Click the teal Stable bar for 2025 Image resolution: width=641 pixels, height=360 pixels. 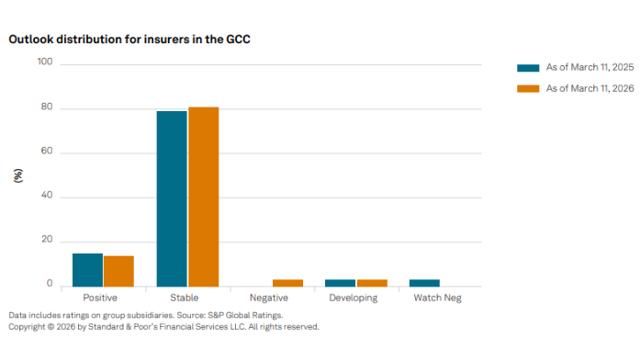tap(172, 198)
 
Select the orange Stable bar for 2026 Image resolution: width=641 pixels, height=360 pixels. tap(203, 197)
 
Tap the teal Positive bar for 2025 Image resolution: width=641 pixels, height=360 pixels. tap(87, 269)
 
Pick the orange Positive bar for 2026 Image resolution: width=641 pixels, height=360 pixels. tap(118, 271)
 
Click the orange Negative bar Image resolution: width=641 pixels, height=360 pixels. tap(287, 283)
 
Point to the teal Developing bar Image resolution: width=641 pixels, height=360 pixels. tap(340, 283)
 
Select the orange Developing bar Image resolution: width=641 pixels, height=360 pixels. tap(372, 283)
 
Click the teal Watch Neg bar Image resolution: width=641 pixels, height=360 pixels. tap(424, 283)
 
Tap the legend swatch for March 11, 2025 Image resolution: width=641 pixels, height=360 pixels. tap(528, 68)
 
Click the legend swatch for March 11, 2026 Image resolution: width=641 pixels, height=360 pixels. tap(528, 88)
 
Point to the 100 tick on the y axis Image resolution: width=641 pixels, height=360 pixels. tap(45, 62)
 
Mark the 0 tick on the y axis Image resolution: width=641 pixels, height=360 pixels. tap(50, 284)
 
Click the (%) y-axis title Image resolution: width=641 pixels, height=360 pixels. tap(17, 174)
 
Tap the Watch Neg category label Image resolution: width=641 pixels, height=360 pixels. tap(438, 298)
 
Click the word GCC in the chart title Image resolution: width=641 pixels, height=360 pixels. tap(237, 40)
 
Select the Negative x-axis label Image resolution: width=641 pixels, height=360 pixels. tap(270, 298)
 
